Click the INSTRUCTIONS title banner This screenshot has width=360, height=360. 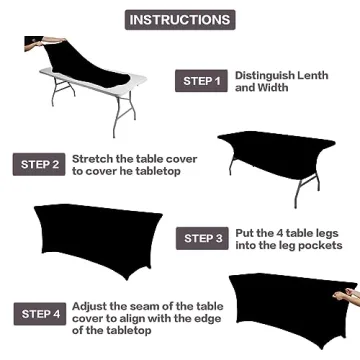point(179,19)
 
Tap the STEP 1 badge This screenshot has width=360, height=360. point(201,81)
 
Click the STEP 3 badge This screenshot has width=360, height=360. point(203,237)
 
